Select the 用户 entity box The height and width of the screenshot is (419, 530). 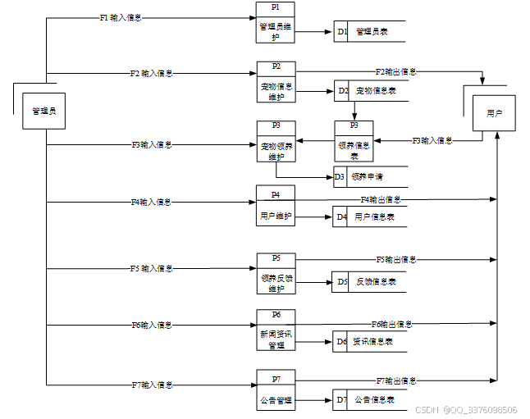pos(494,112)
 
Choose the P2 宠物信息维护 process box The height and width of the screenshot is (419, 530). pos(276,83)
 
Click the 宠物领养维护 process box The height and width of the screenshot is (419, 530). pos(276,142)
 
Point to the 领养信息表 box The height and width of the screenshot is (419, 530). pos(354,142)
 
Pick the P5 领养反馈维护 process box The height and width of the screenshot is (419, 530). pos(276,274)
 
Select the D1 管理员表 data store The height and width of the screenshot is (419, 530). pos(369,32)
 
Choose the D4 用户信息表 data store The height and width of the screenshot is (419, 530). pos(369,217)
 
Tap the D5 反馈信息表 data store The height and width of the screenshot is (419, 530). pos(369,281)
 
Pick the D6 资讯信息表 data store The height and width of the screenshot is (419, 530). pos(369,341)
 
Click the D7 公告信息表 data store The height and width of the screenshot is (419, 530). pos(369,400)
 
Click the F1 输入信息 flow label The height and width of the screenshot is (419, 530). pos(120,17)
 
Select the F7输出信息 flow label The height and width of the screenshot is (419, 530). pos(396,381)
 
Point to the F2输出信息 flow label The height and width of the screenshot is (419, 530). pos(395,72)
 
